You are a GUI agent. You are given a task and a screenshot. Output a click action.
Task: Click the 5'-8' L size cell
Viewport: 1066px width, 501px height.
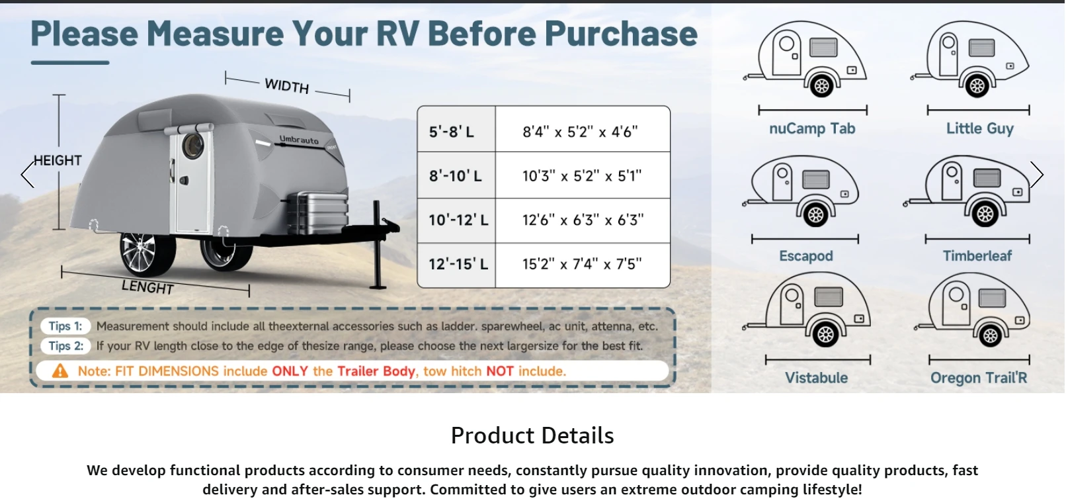tap(456, 130)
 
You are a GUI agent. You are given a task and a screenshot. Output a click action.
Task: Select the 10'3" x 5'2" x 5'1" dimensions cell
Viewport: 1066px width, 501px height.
tap(583, 176)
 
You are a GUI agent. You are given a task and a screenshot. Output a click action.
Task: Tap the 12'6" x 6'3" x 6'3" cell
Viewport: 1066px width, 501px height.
tap(583, 220)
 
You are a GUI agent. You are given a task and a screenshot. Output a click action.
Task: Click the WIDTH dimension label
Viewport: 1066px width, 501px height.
tap(287, 86)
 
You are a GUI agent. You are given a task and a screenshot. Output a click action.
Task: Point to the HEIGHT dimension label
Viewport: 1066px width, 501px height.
tap(58, 160)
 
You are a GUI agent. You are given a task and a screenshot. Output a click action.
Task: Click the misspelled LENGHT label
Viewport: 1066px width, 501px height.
tap(147, 287)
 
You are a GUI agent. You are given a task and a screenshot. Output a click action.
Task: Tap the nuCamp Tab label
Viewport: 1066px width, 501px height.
tap(812, 128)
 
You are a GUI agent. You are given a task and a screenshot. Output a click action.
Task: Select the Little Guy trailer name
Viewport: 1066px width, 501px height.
tap(979, 128)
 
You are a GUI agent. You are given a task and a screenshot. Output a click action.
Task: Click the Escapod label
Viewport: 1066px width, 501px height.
tap(805, 256)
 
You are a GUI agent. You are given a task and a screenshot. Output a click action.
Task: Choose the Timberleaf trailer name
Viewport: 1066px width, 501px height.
tap(977, 256)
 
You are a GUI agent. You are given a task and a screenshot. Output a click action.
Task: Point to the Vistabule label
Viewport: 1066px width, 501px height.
tap(816, 378)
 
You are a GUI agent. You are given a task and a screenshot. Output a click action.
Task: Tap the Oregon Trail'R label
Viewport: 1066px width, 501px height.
tap(979, 378)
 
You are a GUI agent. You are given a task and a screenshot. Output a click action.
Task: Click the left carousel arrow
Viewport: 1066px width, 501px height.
tap(28, 174)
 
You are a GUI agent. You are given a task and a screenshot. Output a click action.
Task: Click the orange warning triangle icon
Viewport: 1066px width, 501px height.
tap(60, 371)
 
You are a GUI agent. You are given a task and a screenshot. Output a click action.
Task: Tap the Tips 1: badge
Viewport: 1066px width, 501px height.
tap(65, 326)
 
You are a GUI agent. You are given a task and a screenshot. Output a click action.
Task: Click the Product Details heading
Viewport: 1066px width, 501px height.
tap(532, 435)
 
